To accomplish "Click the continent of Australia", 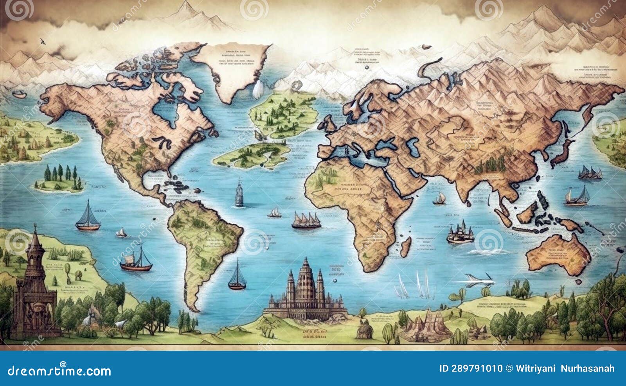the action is coord(558,252).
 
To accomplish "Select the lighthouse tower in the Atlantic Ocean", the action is coord(239,194).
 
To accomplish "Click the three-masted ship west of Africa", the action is coord(306,221).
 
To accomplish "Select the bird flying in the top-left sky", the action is coord(42,40).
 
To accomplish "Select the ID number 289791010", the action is coord(471,368).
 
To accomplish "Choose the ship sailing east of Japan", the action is coord(590,173).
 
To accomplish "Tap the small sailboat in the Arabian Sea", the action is coord(439,199).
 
